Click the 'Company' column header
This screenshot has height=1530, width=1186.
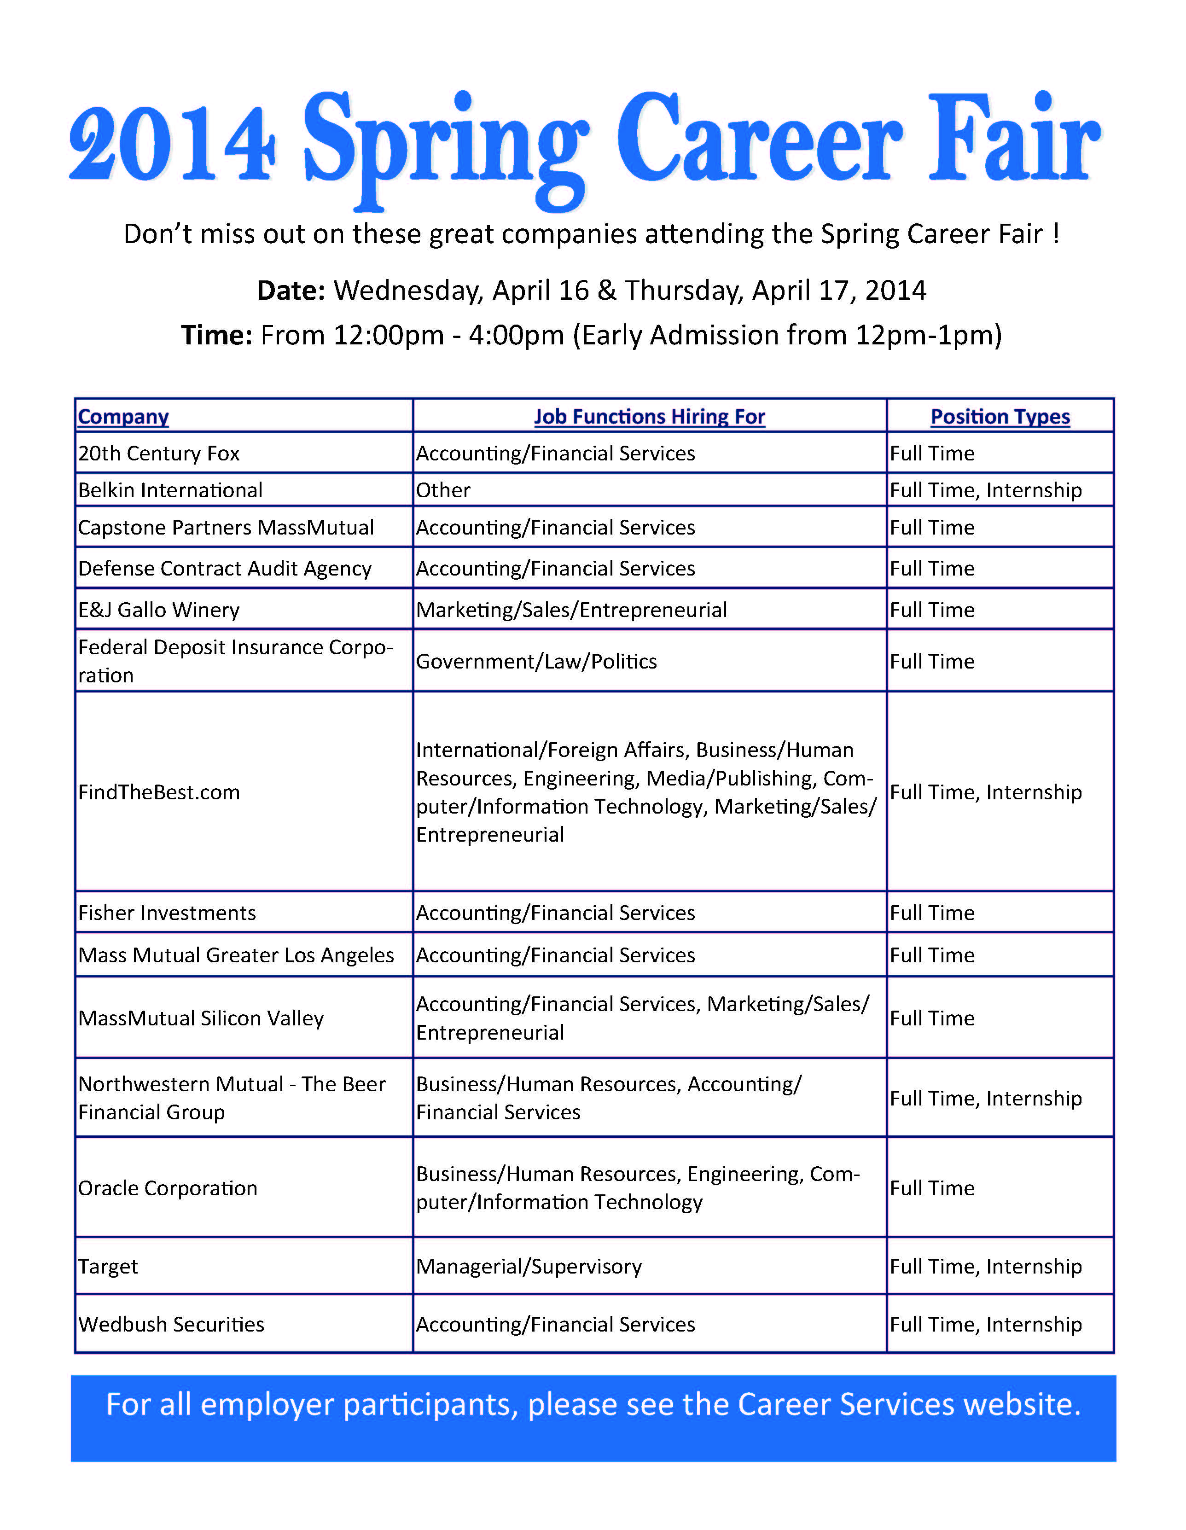(123, 417)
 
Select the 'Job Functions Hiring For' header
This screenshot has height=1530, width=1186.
(649, 417)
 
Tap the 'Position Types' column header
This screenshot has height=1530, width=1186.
(1000, 417)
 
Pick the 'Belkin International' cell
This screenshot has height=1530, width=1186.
(170, 490)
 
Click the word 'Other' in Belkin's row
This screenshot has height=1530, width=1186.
(443, 490)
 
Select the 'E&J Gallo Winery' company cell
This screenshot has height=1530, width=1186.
(159, 610)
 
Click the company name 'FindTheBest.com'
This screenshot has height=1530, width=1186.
(159, 792)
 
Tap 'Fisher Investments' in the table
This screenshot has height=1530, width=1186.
(167, 913)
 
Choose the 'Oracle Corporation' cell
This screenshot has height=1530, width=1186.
(168, 1188)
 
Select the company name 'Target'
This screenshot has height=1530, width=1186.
(108, 1267)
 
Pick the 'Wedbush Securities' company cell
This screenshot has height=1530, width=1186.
(171, 1325)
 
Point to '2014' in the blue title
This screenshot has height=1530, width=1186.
(172, 144)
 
